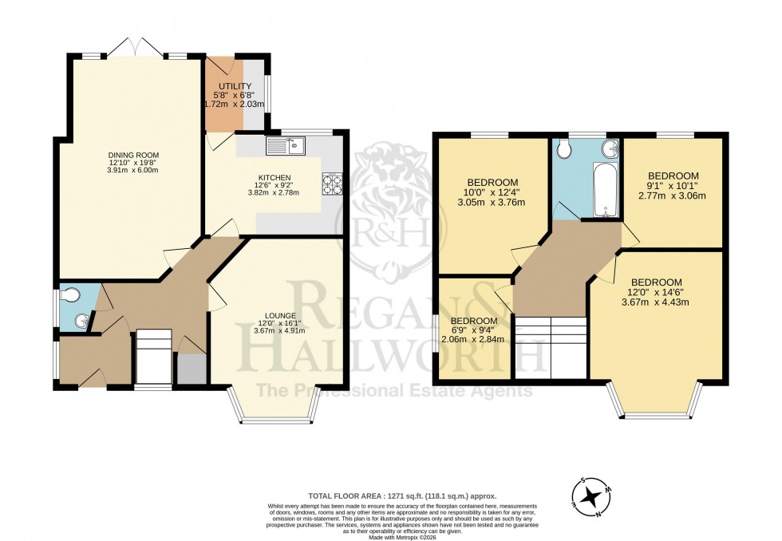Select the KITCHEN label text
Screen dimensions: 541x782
pyautogui.click(x=273, y=177)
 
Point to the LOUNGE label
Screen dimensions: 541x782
pyautogui.click(x=278, y=315)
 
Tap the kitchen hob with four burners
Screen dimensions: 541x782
pyautogui.click(x=332, y=184)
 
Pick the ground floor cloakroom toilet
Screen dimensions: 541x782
pyautogui.click(x=70, y=296)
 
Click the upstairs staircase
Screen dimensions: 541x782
pyautogui.click(x=551, y=347)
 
